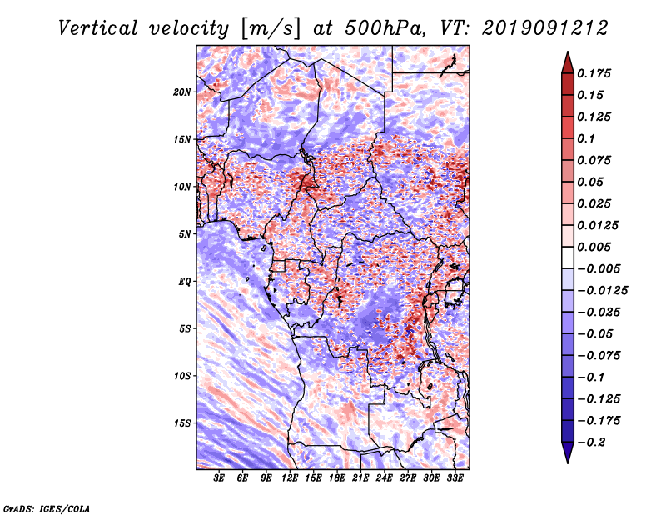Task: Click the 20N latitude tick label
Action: [x=182, y=92]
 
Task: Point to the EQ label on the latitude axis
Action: [x=185, y=282]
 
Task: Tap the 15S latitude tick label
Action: [x=182, y=423]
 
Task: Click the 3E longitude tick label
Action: [x=220, y=478]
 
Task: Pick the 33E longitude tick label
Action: [x=455, y=478]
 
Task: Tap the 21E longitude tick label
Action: [x=360, y=478]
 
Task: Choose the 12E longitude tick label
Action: [x=291, y=478]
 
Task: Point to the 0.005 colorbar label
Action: [x=597, y=247]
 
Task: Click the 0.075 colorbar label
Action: [x=597, y=160]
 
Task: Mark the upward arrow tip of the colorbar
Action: [x=566, y=54]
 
